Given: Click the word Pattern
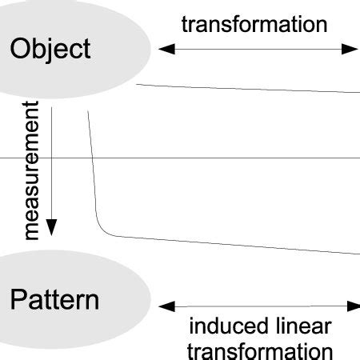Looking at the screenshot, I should tap(55, 301).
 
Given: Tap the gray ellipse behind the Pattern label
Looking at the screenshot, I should tap(120, 280).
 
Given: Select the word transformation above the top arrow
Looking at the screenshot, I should tap(254, 24).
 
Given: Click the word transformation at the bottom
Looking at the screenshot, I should tap(260, 350).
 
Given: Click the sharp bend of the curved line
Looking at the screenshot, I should tap(102, 231).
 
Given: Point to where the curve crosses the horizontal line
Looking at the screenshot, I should tap(93, 158).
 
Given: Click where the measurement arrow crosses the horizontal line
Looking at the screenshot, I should tap(51, 158).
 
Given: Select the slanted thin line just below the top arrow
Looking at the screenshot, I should tap(248, 89).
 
